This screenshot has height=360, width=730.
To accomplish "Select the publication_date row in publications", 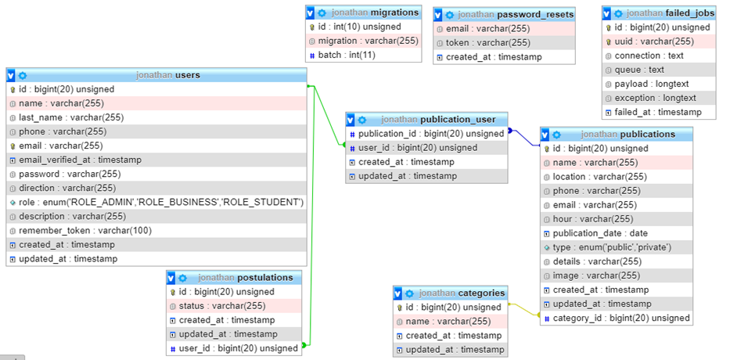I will (x=600, y=233).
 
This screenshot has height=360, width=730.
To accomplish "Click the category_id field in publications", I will (x=621, y=318).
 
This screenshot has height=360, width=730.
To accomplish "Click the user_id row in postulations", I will (x=238, y=348).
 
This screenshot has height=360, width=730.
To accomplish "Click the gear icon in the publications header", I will (x=563, y=135).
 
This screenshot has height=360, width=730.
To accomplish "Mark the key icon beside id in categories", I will (x=398, y=308).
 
